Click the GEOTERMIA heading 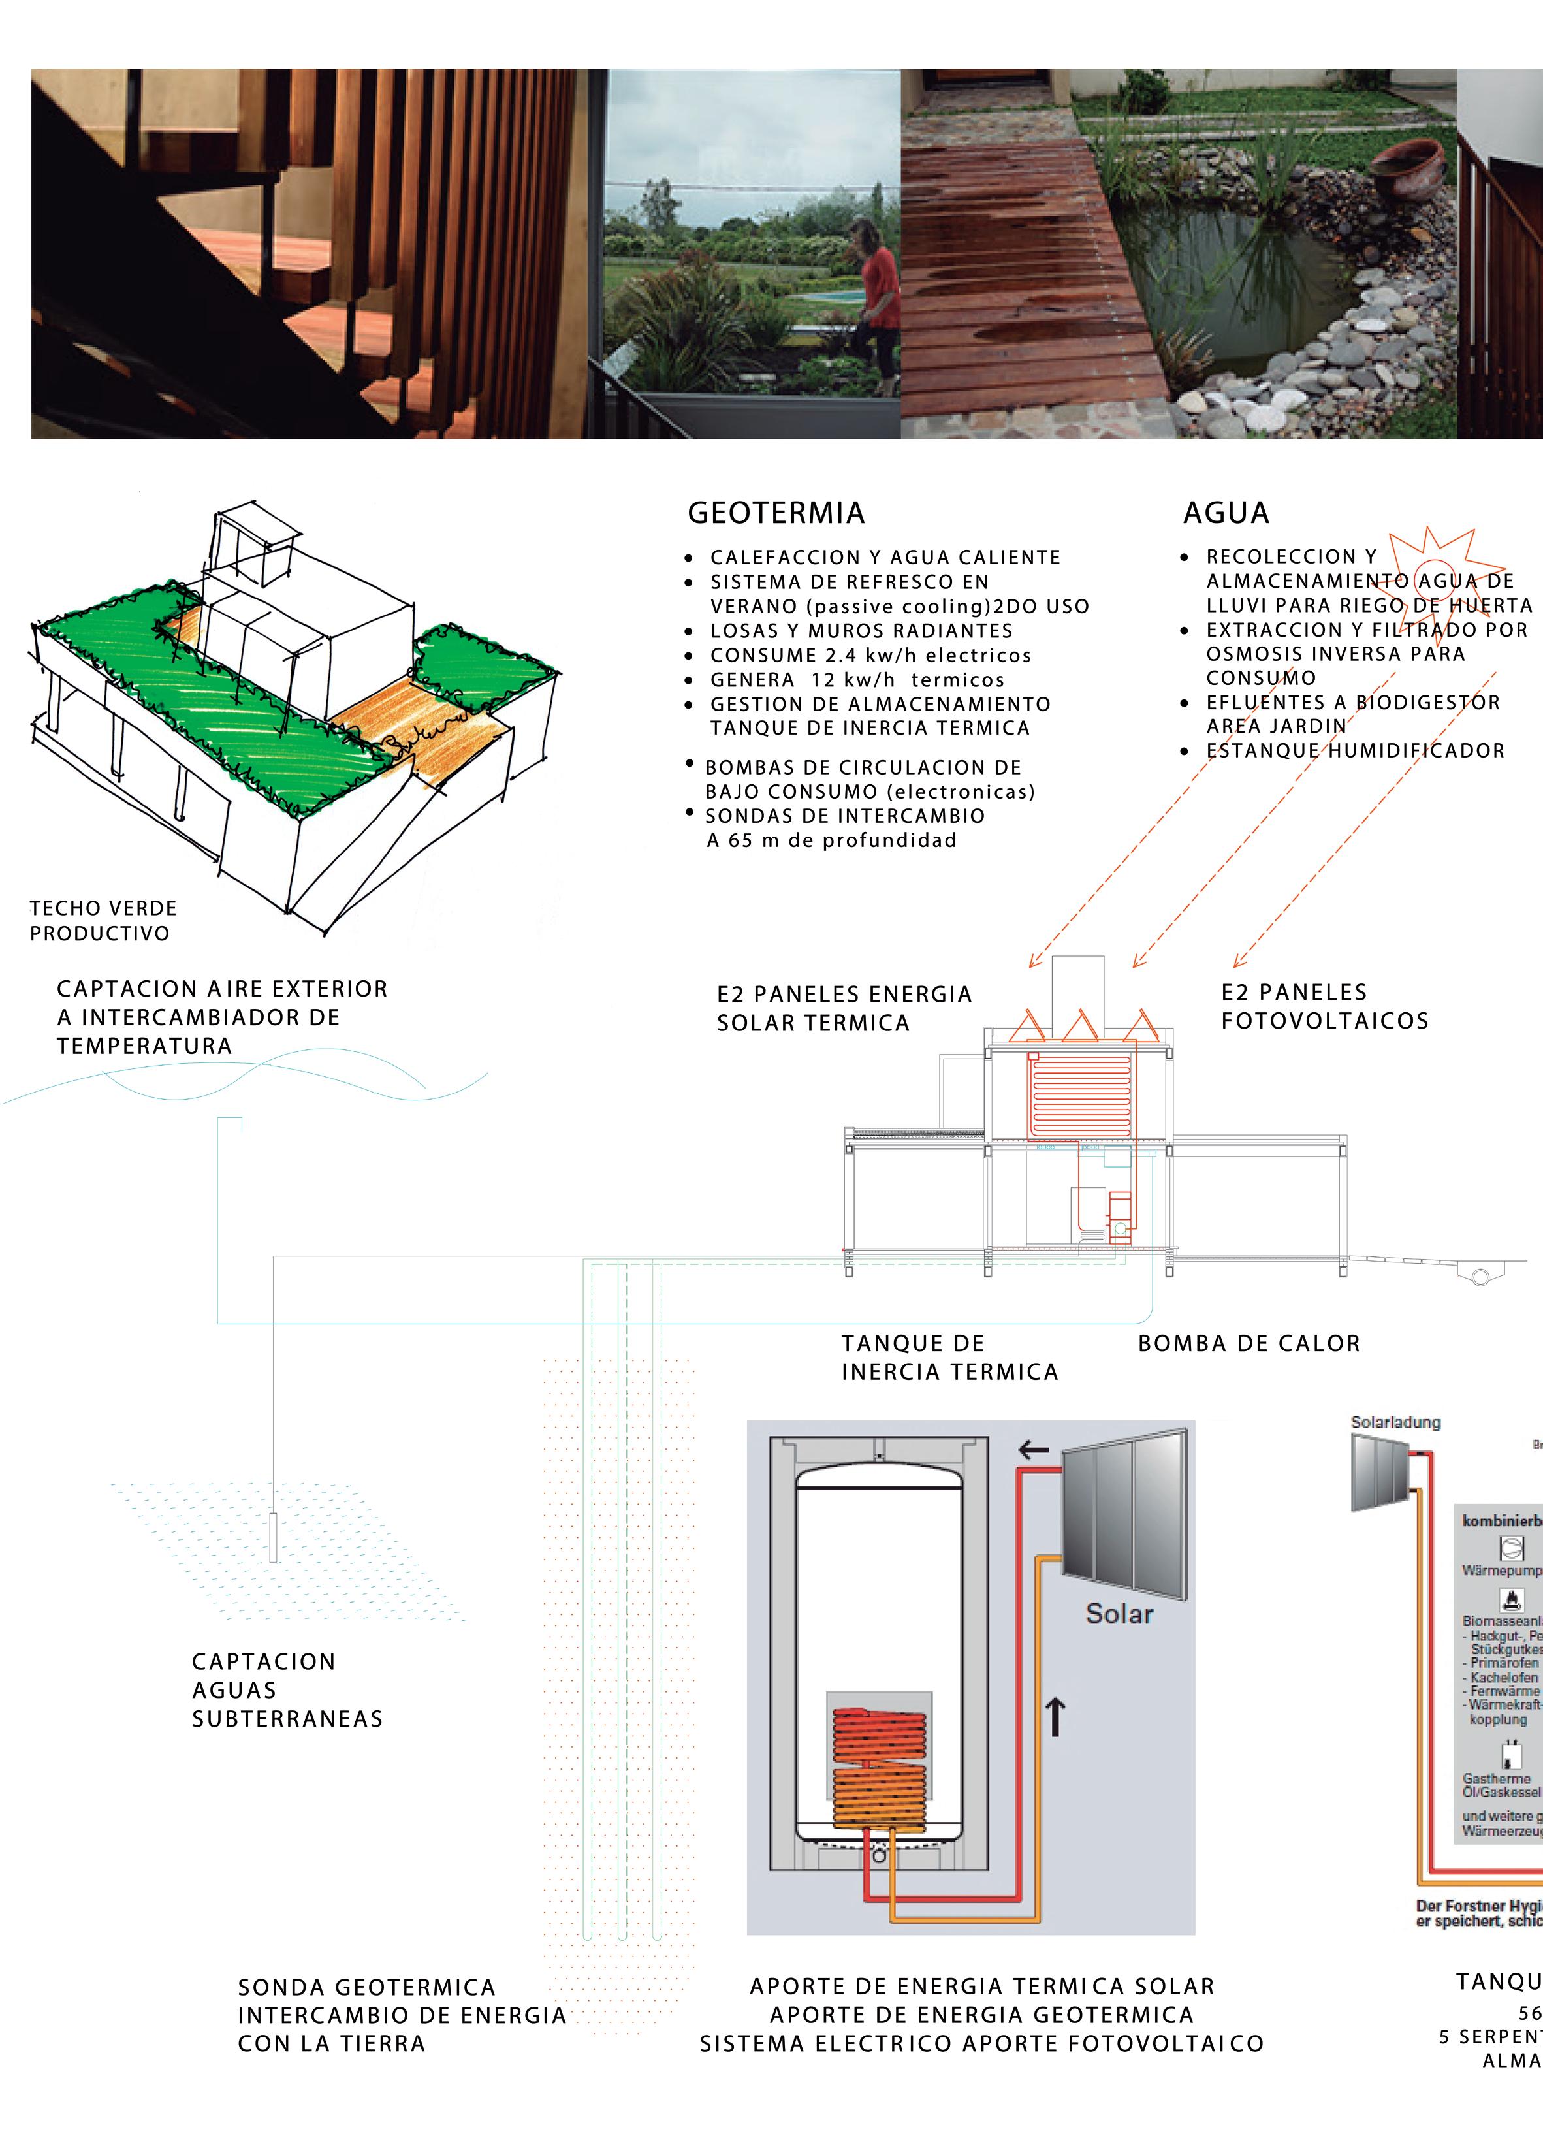coord(776,513)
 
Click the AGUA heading coord(1226,513)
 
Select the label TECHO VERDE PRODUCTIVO coord(103,921)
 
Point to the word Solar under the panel coord(1119,1614)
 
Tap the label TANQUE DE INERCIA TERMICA coord(949,1358)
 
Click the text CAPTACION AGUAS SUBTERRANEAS coord(287,1690)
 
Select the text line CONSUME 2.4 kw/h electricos coord(870,656)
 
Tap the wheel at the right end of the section coord(1480,1277)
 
